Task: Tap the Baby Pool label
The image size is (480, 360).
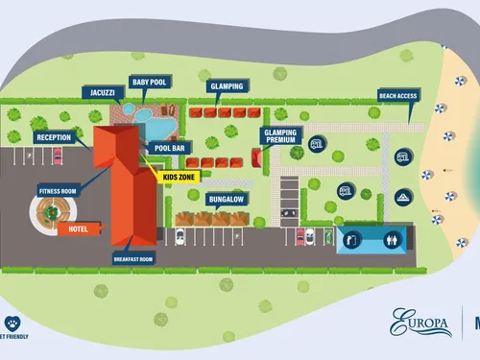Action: click(x=149, y=83)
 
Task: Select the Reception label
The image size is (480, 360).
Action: click(x=53, y=137)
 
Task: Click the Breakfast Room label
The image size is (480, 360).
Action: click(x=133, y=258)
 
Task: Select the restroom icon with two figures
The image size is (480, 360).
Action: click(x=392, y=239)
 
